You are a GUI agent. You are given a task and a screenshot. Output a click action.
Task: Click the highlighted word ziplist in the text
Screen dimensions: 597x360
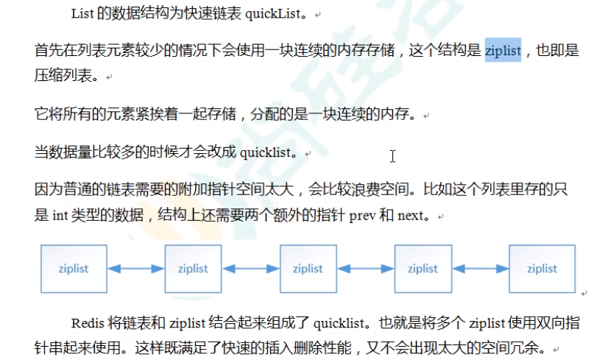click(503, 51)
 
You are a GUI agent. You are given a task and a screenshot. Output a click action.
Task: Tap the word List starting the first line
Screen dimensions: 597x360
click(82, 14)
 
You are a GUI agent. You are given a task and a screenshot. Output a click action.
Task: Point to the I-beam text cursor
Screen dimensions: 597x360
click(393, 156)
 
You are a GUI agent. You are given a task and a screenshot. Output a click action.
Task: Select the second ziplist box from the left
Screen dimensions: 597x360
click(193, 269)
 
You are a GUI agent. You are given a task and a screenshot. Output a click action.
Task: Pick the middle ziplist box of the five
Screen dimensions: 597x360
click(308, 269)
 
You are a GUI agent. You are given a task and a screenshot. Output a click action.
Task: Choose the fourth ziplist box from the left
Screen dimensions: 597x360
click(423, 269)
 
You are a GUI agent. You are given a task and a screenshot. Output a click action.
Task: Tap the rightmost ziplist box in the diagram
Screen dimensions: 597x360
click(542, 269)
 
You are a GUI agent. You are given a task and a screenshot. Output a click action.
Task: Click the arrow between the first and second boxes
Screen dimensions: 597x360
click(133, 269)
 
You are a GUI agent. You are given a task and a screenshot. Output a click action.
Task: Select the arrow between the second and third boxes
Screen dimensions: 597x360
click(250, 269)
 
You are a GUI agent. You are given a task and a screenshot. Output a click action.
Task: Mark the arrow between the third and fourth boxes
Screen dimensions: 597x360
click(365, 269)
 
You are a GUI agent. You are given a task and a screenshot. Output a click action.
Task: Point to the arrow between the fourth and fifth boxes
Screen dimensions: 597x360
click(481, 269)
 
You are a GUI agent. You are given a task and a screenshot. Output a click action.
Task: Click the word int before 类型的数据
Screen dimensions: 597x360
click(60, 216)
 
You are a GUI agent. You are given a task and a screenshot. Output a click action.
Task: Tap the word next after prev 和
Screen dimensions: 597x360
click(413, 216)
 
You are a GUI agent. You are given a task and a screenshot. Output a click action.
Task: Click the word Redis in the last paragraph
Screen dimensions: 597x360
click(88, 322)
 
